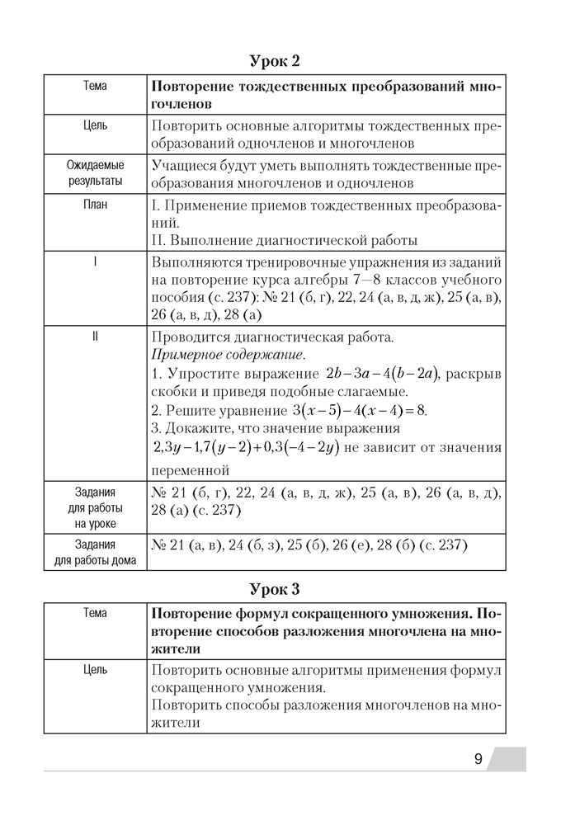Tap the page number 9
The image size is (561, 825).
[478, 760]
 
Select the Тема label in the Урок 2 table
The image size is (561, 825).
[95, 86]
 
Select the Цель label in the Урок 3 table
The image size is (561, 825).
[95, 670]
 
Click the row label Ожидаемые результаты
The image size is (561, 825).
[95, 173]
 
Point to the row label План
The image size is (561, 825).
[95, 204]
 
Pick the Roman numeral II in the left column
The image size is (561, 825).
[95, 337]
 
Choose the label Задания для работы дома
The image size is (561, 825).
[95, 554]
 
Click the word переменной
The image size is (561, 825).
[191, 471]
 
